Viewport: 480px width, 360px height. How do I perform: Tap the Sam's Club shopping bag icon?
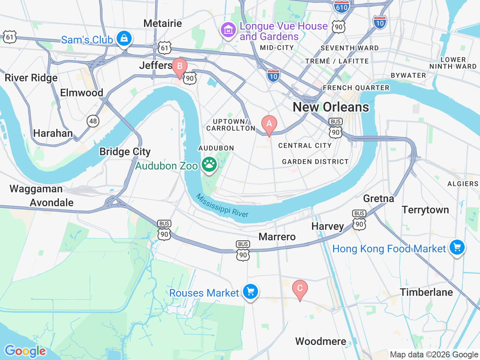pyautogui.click(x=124, y=38)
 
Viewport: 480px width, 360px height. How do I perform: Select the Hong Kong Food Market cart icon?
pyautogui.click(x=457, y=247)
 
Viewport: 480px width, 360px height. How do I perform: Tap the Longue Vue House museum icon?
pyautogui.click(x=228, y=30)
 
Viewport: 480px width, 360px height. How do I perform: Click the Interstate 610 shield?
pyautogui.click(x=341, y=6)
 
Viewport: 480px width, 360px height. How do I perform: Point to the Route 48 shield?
pyautogui.click(x=93, y=121)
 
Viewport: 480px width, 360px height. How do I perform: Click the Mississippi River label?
pyautogui.click(x=222, y=206)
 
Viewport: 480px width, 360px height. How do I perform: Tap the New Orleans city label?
pyautogui.click(x=331, y=107)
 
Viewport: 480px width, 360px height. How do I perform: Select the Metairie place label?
pyautogui.click(x=163, y=23)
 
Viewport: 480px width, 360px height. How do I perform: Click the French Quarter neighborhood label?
pyautogui.click(x=356, y=88)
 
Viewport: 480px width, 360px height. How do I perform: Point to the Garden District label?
pyautogui.click(x=315, y=162)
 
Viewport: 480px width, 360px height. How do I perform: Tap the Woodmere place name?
pyautogui.click(x=321, y=341)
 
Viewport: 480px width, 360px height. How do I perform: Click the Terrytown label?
pyautogui.click(x=425, y=210)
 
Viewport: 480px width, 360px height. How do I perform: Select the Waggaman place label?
pyautogui.click(x=36, y=189)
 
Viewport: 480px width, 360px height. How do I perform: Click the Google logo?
pyautogui.click(x=25, y=351)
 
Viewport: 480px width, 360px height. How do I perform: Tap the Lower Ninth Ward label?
pyautogui.click(x=453, y=63)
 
